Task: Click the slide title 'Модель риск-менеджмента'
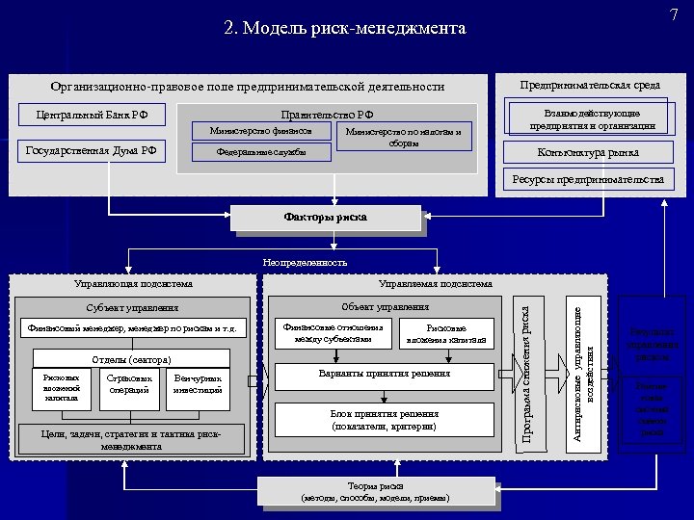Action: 344,28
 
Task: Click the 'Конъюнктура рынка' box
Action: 587,152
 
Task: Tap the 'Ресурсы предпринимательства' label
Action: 587,180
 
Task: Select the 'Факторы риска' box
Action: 326,218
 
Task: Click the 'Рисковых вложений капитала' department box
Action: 61,387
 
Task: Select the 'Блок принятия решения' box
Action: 384,419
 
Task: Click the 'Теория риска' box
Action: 375,491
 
